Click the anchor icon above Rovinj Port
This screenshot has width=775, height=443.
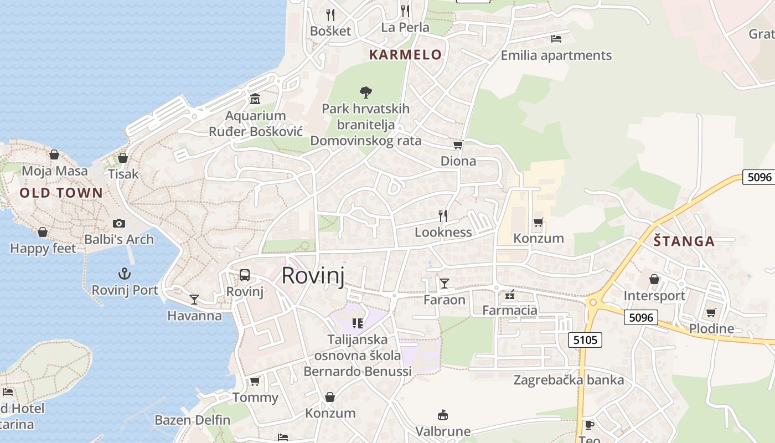(125, 274)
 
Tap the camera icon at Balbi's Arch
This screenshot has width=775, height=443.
(118, 223)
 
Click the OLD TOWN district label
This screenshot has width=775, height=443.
(61, 193)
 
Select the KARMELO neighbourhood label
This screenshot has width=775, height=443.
(406, 55)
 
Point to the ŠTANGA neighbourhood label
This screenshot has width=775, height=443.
(684, 241)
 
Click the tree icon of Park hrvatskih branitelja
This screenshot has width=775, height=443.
(365, 92)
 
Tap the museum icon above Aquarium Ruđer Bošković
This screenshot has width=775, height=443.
(255, 99)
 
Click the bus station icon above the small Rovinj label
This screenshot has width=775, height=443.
(244, 275)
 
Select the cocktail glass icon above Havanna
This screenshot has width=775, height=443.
(194, 300)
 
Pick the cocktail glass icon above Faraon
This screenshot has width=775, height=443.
(444, 284)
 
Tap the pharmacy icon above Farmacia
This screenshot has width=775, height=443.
(509, 295)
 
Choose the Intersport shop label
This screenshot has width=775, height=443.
(654, 296)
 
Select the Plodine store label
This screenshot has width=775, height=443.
(711, 328)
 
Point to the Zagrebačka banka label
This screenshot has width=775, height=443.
(569, 380)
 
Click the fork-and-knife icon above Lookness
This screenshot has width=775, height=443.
(442, 216)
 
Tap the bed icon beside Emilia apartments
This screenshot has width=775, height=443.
(556, 39)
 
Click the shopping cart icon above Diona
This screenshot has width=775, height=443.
(458, 145)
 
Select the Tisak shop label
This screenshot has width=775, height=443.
(123, 174)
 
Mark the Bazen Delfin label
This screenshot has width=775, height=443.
(192, 420)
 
